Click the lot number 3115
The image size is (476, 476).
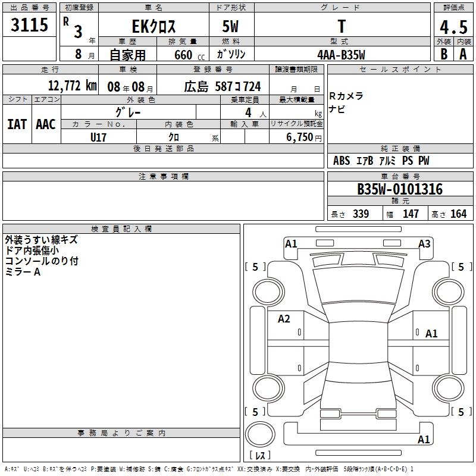pos(29,24)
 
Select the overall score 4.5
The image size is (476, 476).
pos(453,27)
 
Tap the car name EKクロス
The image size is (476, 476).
pos(154,26)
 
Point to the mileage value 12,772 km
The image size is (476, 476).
pos(72,86)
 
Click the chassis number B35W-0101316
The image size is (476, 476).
pos(400,189)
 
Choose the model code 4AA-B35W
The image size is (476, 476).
pos(341,55)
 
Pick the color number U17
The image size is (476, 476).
pos(98,137)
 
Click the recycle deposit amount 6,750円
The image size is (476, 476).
pos(304,137)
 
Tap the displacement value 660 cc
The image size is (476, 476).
pos(189,55)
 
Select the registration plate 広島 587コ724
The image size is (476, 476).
pos(222,86)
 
